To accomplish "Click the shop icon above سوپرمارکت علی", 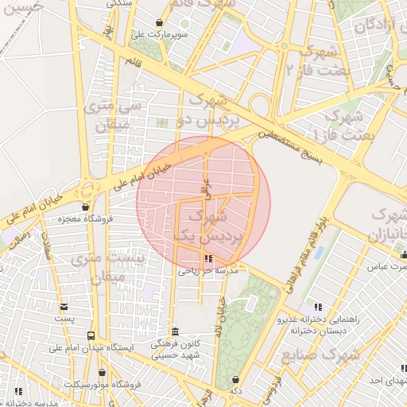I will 161,23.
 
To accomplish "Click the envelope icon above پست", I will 64,306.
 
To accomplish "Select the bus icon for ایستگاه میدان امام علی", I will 91,336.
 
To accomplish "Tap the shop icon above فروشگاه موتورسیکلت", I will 102,372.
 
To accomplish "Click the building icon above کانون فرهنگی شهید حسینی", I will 176,331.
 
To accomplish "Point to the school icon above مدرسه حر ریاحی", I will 208,259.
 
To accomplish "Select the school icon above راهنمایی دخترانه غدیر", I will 318,307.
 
